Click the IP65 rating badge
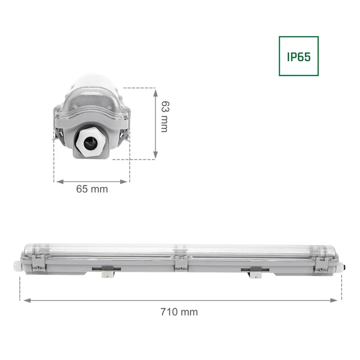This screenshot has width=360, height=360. [299, 56]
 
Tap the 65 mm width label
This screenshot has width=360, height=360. [92, 189]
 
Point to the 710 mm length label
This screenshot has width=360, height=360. [179, 311]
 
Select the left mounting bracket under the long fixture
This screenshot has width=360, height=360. [108, 271]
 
